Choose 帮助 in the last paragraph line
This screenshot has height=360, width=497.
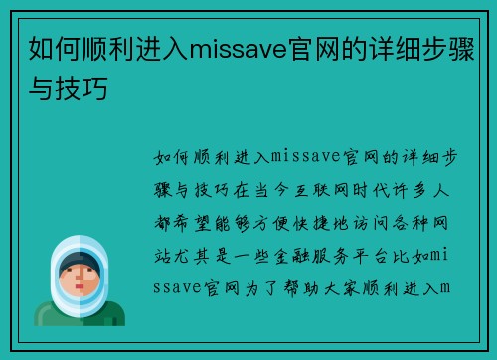pyautogui.click(x=297, y=289)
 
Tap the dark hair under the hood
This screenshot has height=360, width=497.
pyautogui.click(x=83, y=261)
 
